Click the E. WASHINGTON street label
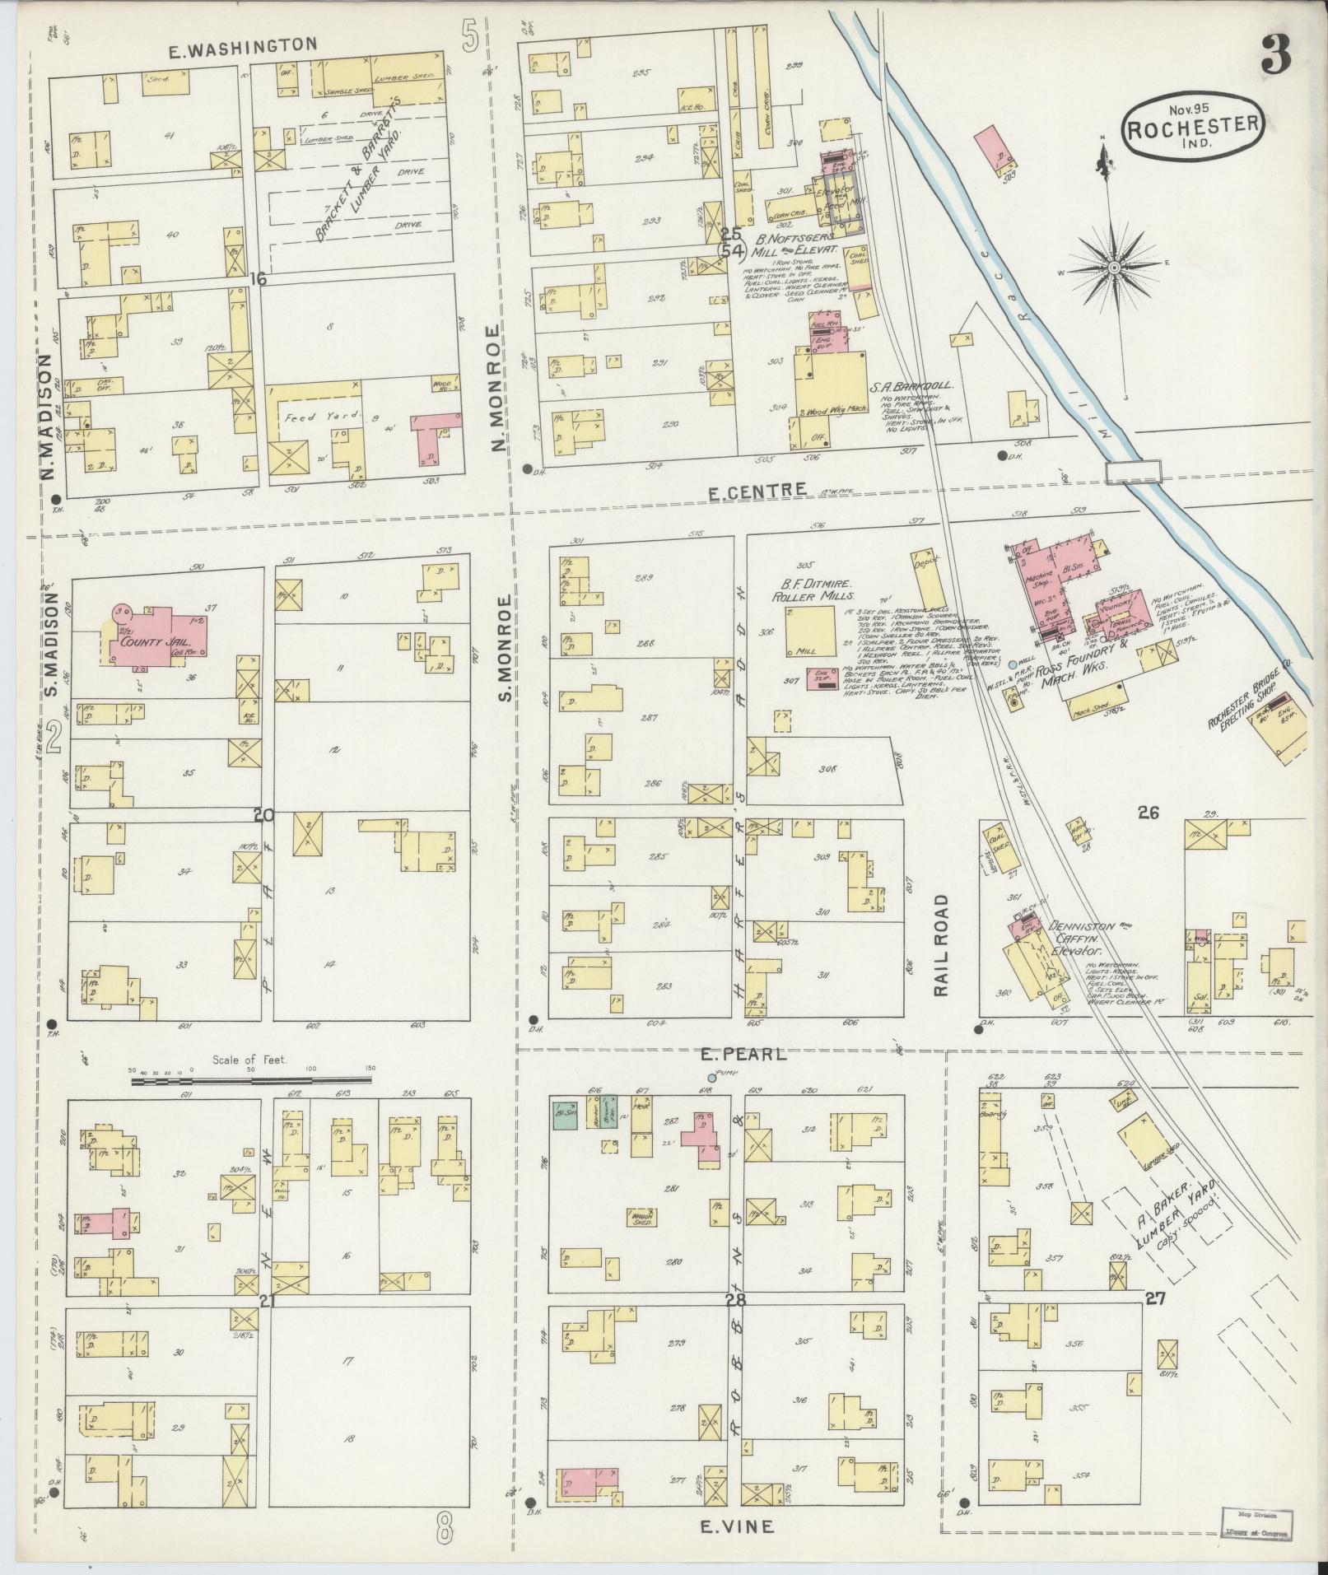click(242, 46)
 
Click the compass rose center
click(1113, 268)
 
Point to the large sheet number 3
click(1274, 56)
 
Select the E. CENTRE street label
click(757, 491)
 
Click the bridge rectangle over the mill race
click(1134, 472)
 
